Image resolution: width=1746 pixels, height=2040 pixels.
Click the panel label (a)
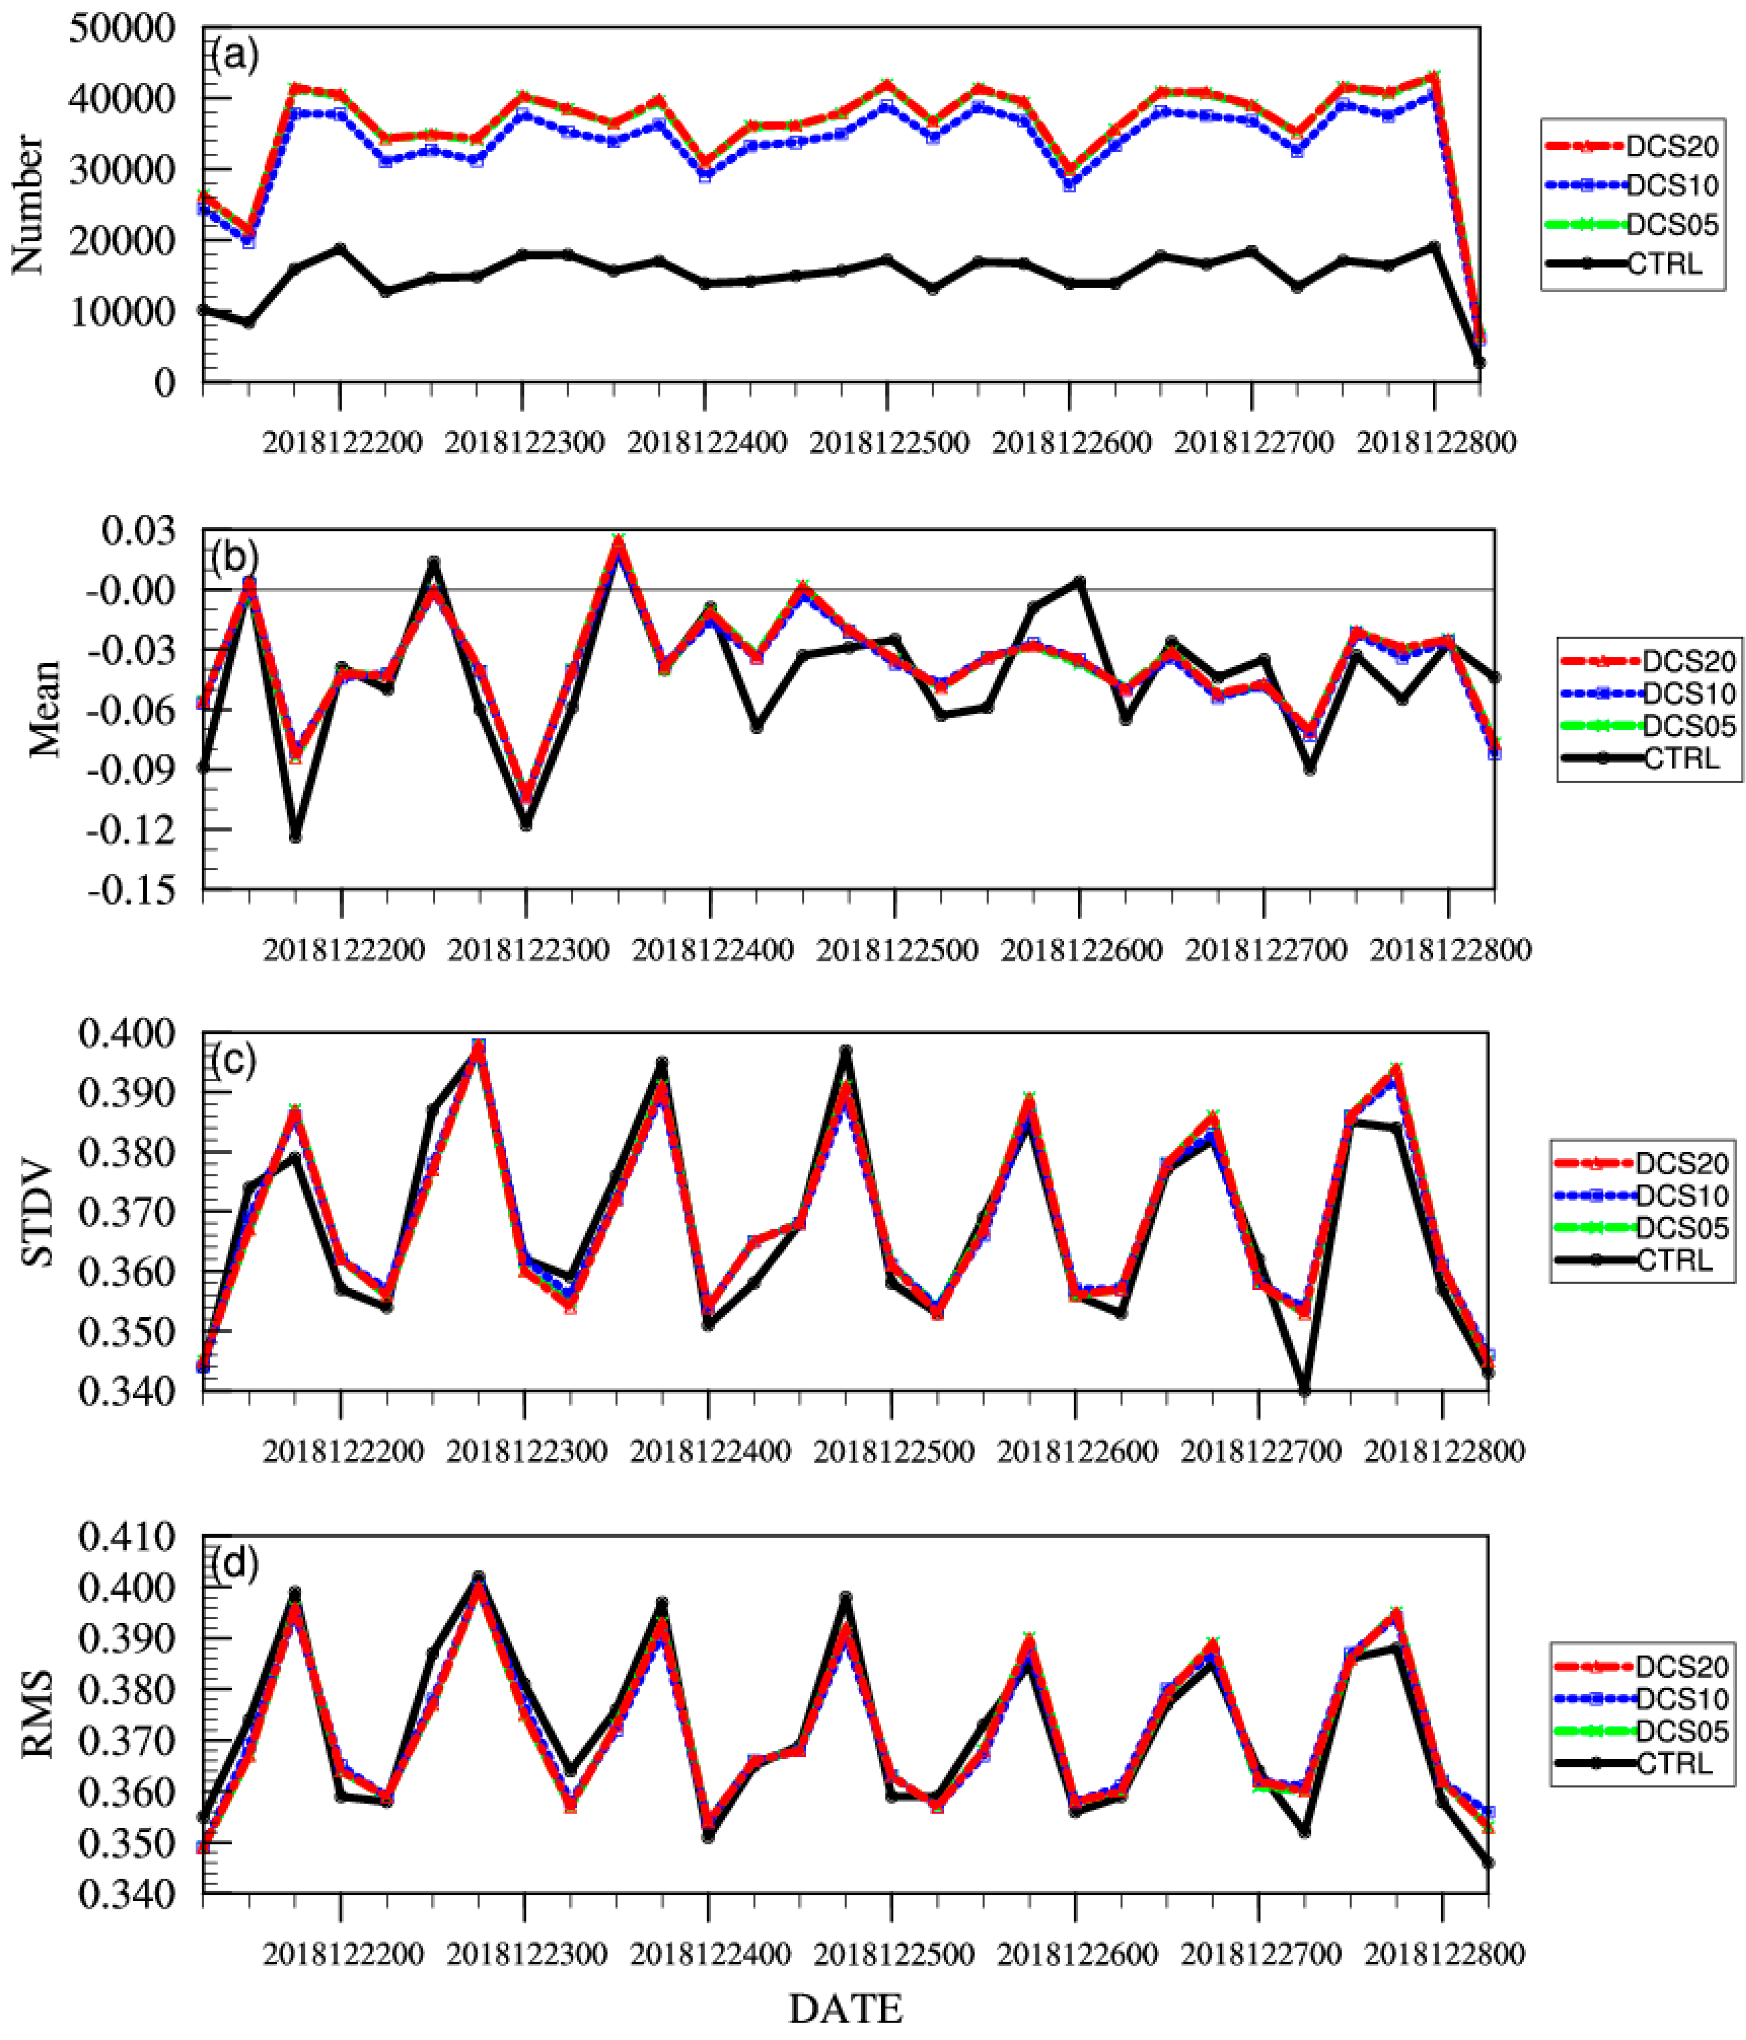[234, 56]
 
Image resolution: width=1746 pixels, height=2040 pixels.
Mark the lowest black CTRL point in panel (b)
[294, 836]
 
